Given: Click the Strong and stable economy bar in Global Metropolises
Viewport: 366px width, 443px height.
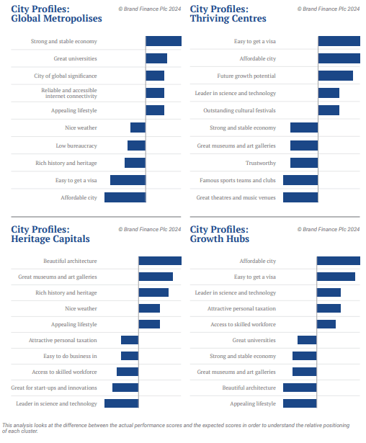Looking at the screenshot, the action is coord(164,41).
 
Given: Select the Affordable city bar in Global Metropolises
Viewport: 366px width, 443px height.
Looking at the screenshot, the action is coord(125,197).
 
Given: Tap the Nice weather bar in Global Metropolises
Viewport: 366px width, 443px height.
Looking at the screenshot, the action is coord(138,127).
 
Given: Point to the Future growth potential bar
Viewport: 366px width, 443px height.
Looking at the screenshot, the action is coord(336,76).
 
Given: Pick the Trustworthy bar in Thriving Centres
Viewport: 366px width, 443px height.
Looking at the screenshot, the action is coord(304,163).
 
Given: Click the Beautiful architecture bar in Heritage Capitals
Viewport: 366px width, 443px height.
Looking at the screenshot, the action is coord(160,261).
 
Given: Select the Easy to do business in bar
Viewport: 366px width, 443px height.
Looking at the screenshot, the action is coord(130,356).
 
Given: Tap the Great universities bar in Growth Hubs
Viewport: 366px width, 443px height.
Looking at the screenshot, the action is coord(307,340).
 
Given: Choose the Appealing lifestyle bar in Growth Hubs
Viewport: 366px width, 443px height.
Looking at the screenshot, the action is coord(300,403).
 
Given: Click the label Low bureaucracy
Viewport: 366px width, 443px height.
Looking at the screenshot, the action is coord(76,146).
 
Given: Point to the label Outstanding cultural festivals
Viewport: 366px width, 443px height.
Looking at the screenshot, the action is coord(239,110).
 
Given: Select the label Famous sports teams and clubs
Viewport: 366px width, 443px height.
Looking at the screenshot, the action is coord(238,180).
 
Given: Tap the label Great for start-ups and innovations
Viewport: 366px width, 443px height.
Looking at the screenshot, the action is coord(54,388).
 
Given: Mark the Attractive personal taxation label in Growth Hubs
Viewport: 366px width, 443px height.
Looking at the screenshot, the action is coord(241,308).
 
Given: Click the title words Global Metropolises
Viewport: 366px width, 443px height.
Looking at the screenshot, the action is coord(56,18).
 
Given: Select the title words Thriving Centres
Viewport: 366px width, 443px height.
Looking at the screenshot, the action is coord(228,18).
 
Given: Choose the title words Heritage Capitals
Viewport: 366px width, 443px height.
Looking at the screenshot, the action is coord(50,238).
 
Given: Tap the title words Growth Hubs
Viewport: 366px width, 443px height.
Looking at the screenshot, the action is coord(220,238).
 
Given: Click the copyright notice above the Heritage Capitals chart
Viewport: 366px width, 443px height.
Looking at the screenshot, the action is coord(150,229).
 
